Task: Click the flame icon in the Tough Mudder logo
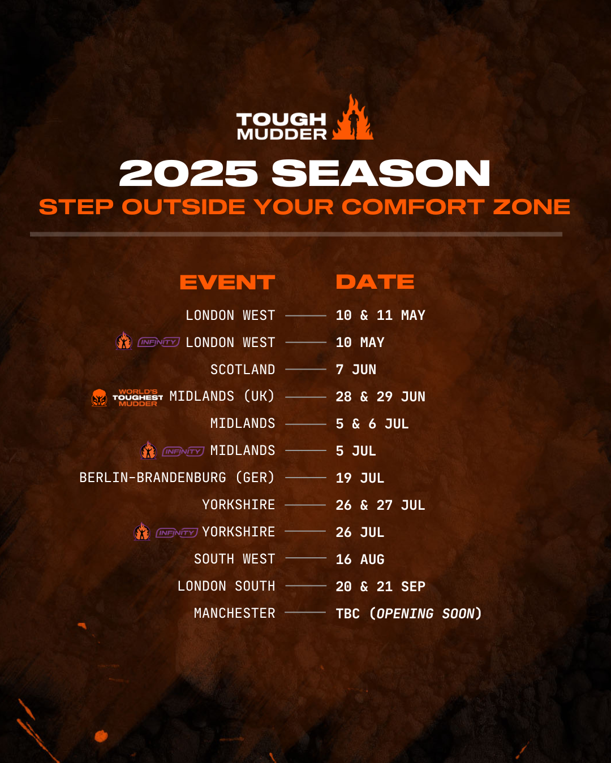[x=352, y=118]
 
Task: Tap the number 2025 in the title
[x=188, y=173]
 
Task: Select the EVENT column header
[x=227, y=282]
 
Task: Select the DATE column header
[x=375, y=282]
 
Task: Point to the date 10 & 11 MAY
[x=380, y=315]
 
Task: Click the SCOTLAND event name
[x=243, y=370]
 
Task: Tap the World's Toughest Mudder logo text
[x=137, y=397]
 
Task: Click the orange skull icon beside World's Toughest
[x=99, y=397]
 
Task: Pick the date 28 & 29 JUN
[x=380, y=397]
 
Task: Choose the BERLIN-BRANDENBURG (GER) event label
[x=177, y=478]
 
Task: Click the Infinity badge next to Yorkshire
[x=177, y=532]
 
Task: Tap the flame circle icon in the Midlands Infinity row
[x=148, y=450]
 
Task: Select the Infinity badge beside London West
[x=159, y=342]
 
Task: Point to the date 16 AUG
[x=360, y=560]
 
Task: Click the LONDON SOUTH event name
[x=226, y=586]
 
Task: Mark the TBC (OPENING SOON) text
[x=408, y=613]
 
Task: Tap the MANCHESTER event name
[x=235, y=613]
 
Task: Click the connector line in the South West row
[x=305, y=558]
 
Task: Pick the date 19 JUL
[x=360, y=478]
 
